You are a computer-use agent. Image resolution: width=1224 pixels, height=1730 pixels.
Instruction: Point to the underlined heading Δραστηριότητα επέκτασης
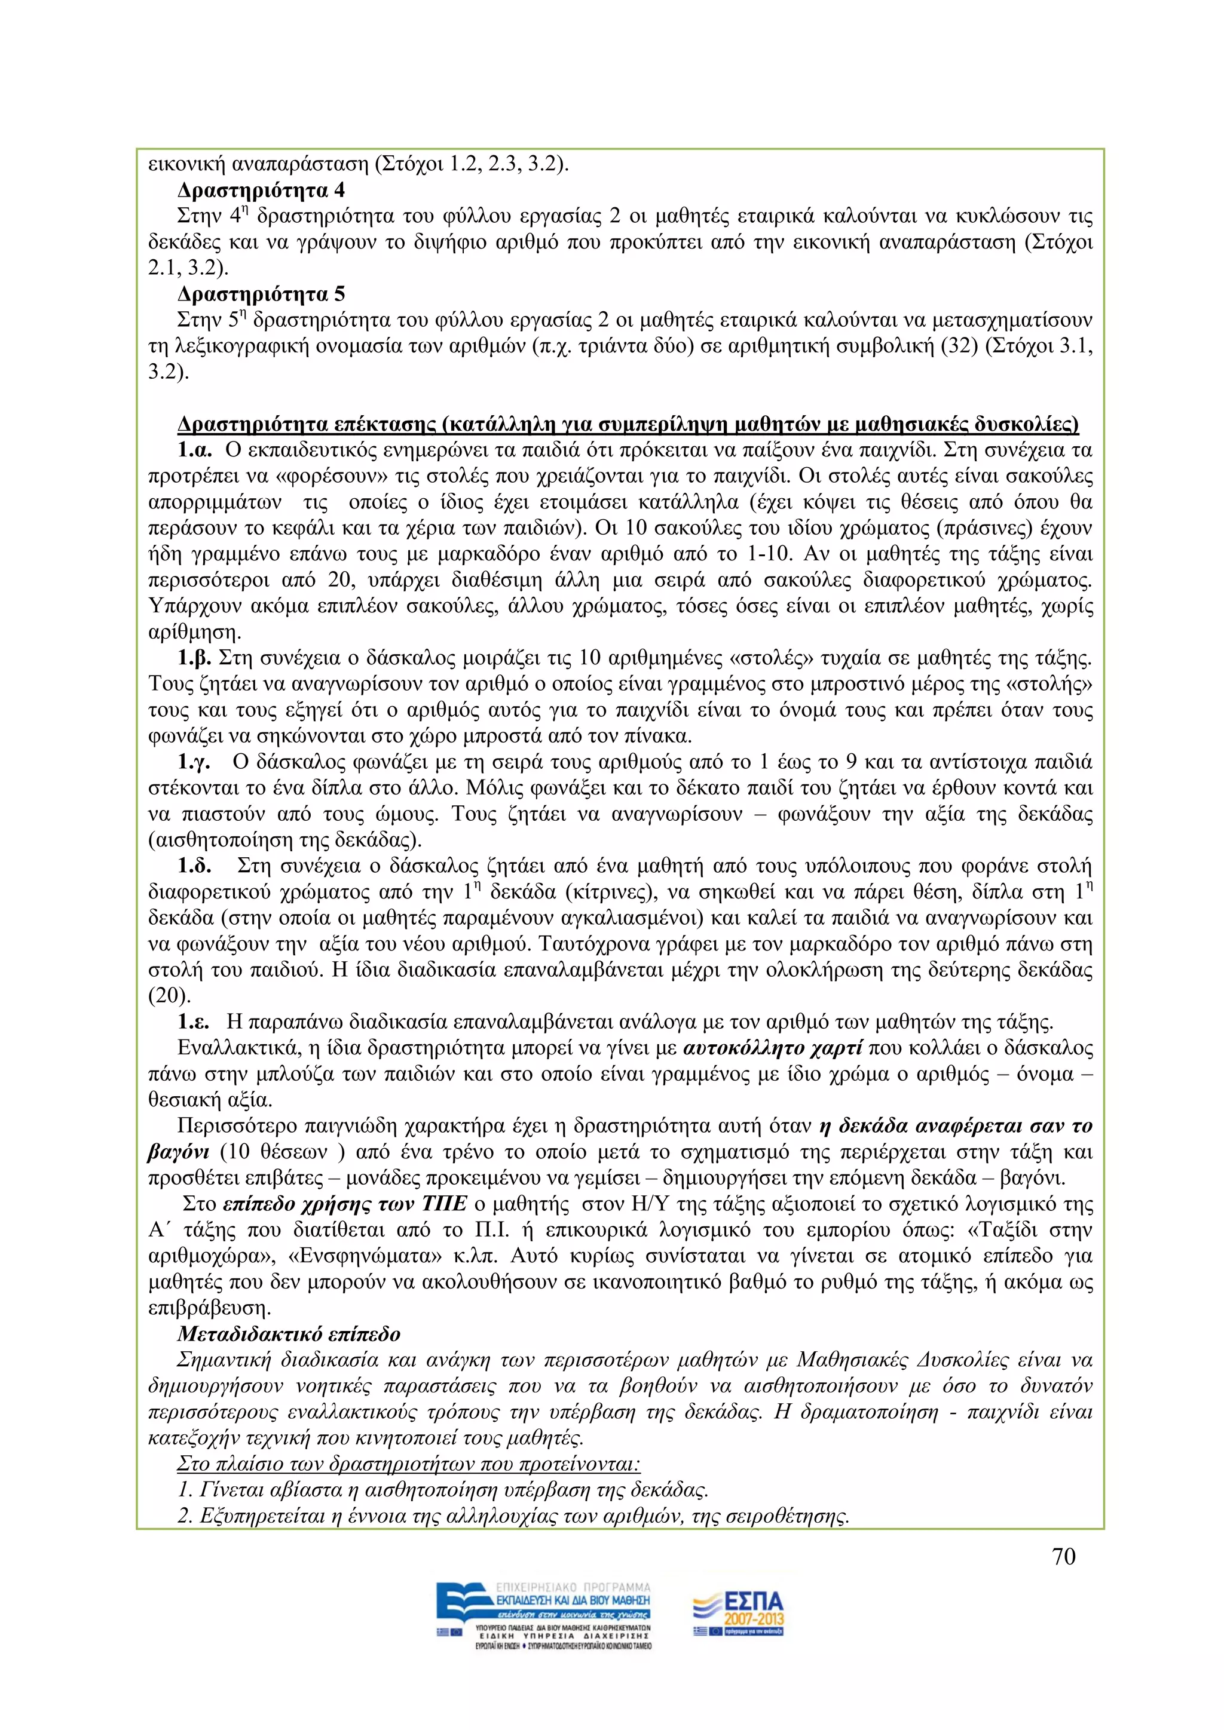[627, 424]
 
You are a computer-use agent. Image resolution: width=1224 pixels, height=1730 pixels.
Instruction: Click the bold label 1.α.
[194, 450]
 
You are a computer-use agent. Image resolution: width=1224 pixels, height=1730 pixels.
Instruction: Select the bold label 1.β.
[194, 658]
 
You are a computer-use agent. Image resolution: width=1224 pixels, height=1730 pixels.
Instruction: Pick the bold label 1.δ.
[194, 866]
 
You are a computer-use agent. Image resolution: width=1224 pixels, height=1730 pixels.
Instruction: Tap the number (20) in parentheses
[166, 996]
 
